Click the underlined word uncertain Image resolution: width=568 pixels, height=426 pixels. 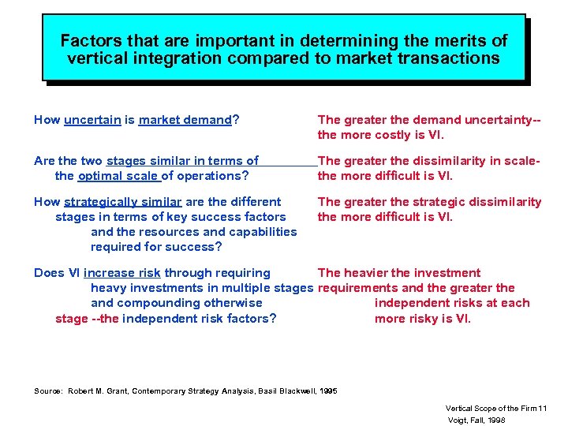pos(92,120)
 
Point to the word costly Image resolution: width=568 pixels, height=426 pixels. pos(396,135)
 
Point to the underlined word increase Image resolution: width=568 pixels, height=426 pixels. pos(108,273)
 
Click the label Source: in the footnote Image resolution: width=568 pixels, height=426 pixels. pos(47,390)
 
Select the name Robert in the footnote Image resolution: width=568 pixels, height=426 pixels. pos(81,390)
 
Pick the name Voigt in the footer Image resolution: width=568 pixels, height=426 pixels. pos(458,420)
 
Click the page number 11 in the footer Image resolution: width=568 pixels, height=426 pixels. pos(542,408)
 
